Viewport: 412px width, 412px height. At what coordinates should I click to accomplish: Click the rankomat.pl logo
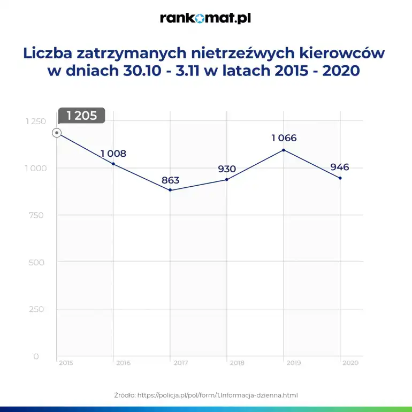[205, 19]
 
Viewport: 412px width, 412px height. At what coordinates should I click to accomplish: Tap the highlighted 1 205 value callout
[82, 116]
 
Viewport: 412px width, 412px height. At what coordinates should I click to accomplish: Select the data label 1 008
[113, 154]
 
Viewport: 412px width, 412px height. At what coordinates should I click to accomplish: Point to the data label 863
[170, 180]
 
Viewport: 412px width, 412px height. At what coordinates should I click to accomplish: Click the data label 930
[227, 169]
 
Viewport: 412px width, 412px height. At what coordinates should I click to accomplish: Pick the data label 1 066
[284, 138]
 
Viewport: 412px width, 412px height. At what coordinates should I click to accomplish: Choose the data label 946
[340, 167]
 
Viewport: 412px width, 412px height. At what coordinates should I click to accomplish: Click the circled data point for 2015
[57, 133]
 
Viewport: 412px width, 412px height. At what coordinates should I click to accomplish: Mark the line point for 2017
[170, 190]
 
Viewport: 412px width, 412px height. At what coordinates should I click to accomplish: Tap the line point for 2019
[284, 150]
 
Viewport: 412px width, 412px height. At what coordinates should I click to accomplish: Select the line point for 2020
[340, 178]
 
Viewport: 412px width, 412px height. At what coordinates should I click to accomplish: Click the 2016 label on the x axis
[123, 363]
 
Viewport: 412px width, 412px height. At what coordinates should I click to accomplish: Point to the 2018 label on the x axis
[236, 363]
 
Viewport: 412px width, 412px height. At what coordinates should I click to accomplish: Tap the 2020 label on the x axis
[350, 363]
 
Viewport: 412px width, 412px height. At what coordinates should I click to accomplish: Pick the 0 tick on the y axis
[36, 356]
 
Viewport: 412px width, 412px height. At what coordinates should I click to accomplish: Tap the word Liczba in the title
[48, 54]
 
